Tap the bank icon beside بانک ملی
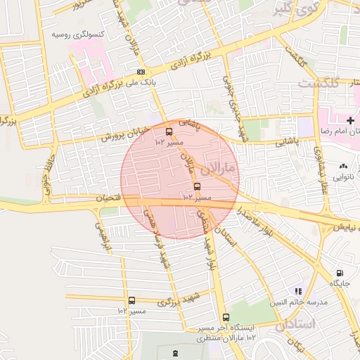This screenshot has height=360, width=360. coord(141,72)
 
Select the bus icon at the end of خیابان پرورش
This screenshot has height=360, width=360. coord(168,131)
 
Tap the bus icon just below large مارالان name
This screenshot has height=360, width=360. coord(196,187)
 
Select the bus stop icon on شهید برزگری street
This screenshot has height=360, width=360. coord(131,300)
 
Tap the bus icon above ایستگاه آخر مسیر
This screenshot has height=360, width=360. coord(226,317)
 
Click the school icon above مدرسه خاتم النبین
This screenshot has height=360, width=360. coord(298,291)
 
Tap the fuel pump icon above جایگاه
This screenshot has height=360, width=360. coord(340,273)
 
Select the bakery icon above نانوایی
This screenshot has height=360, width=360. coord(343,166)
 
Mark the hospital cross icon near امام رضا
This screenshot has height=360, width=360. coord(350,121)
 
